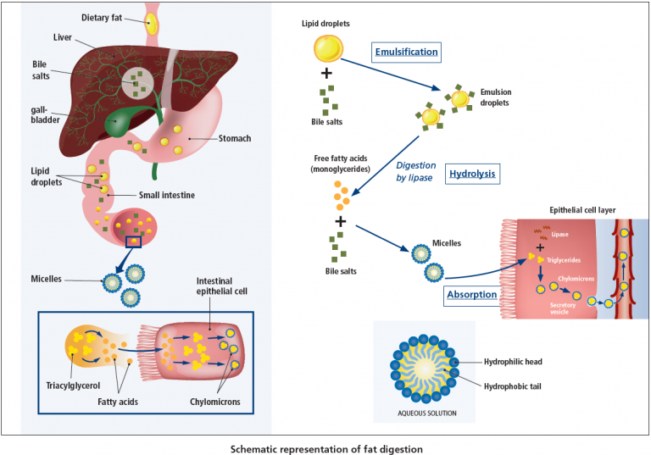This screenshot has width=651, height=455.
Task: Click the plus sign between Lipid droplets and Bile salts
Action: (x=325, y=73)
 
